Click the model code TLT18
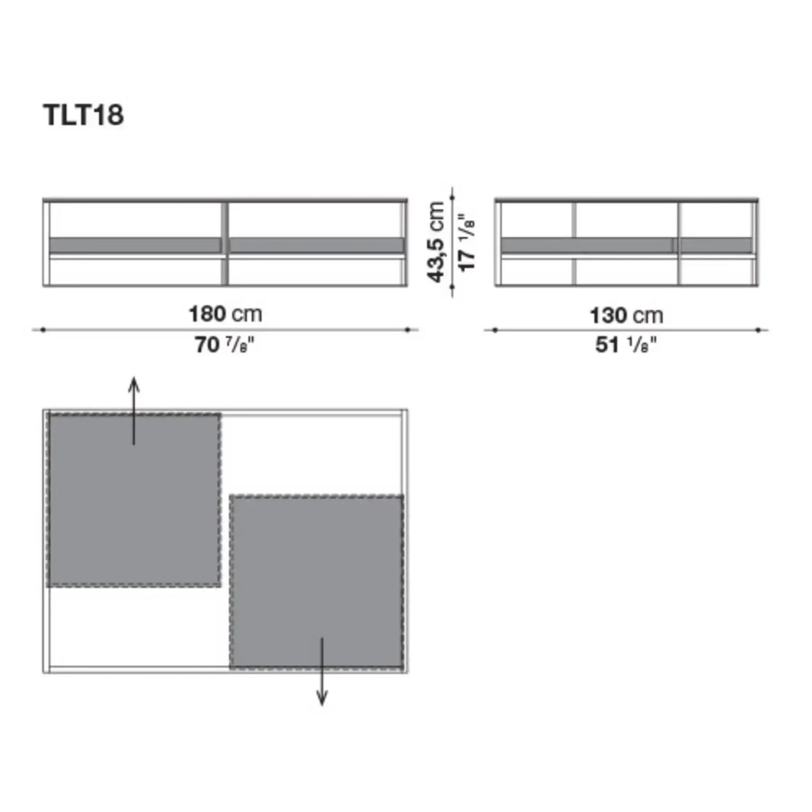point(83,115)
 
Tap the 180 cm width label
point(225,314)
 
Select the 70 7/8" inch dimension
point(225,345)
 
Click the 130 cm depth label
point(626,315)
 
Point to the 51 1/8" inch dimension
point(626,345)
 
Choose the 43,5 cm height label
point(436,242)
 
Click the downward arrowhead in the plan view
point(322,699)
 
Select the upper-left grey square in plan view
point(134,500)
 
